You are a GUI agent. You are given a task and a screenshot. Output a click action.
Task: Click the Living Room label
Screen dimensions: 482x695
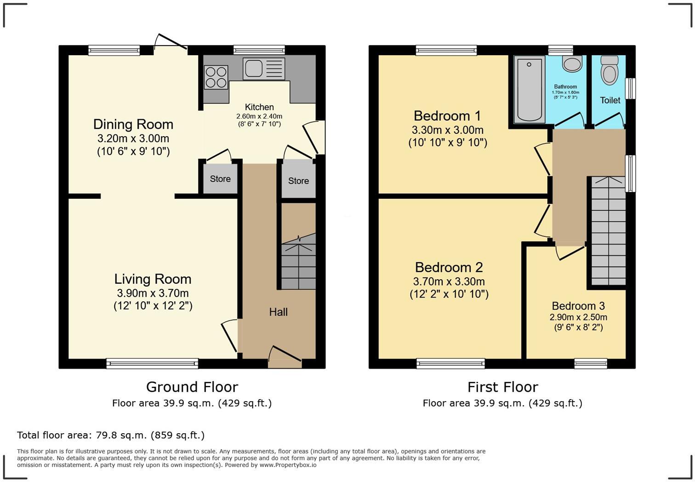click(153, 279)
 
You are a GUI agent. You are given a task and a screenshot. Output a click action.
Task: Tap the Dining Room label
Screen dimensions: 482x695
click(133, 124)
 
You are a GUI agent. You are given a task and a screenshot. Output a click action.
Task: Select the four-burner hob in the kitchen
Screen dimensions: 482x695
click(216, 77)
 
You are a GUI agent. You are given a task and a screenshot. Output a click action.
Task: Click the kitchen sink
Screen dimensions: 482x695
click(254, 68)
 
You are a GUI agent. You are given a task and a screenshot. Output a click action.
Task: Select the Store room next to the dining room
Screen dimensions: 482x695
click(220, 179)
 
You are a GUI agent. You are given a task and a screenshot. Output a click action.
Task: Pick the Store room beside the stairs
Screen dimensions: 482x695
click(298, 181)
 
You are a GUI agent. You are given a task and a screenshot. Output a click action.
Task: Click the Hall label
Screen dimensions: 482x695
click(278, 312)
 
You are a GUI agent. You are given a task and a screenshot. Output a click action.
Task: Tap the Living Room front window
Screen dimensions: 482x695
click(152, 364)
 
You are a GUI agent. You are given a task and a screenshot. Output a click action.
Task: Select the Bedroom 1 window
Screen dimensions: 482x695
click(446, 50)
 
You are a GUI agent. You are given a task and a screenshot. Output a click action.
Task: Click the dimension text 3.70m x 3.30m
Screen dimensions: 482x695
click(449, 281)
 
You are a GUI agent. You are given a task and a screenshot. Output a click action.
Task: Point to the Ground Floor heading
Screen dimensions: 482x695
click(192, 387)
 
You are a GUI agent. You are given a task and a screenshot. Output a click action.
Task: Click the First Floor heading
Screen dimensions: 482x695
click(502, 387)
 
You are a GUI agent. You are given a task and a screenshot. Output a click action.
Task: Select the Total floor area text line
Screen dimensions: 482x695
click(111, 435)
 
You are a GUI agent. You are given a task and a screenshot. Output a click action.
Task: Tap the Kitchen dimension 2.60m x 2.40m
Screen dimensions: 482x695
click(259, 116)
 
